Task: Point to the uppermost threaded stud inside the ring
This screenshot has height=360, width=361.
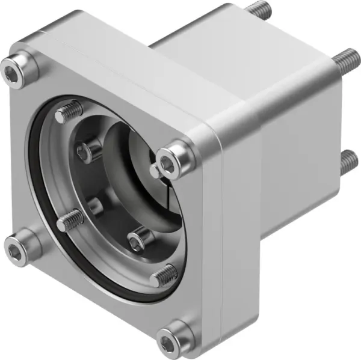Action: click(x=70, y=112)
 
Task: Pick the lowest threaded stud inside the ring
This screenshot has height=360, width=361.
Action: click(x=164, y=276)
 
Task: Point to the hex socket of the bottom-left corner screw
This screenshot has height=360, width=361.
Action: click(x=15, y=252)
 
